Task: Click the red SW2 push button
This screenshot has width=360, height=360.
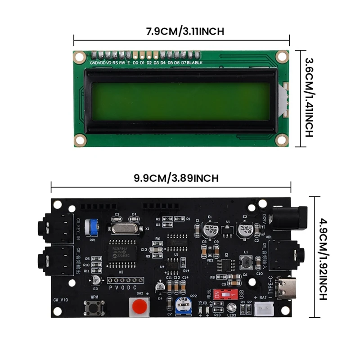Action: [x=140, y=308]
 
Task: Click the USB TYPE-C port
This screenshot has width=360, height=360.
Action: [x=285, y=288]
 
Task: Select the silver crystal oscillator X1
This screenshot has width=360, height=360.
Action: [x=121, y=229]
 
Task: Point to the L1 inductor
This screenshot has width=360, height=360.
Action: [x=246, y=262]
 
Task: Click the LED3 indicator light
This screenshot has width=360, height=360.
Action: [x=232, y=308]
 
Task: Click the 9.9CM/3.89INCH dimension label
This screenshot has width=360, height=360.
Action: [x=170, y=177]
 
